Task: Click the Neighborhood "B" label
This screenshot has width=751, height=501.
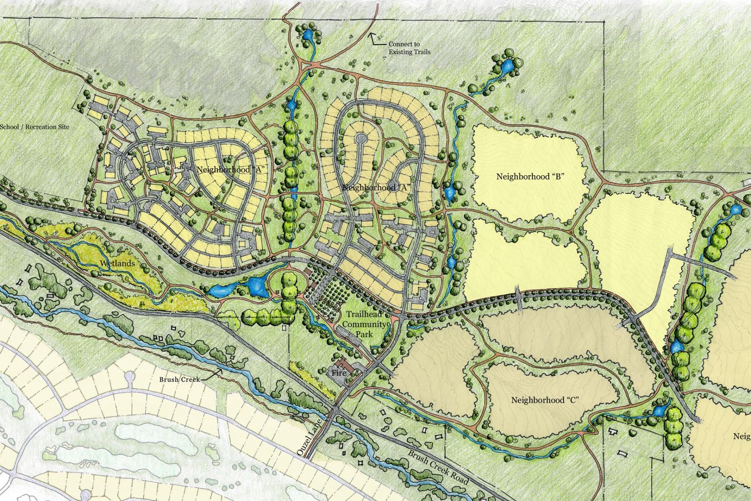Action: [x=530, y=176]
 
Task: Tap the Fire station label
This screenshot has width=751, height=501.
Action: [x=339, y=372]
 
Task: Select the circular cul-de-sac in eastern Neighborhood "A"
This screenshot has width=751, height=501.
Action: [x=360, y=138]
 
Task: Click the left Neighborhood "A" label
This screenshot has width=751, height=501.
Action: [x=231, y=170]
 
